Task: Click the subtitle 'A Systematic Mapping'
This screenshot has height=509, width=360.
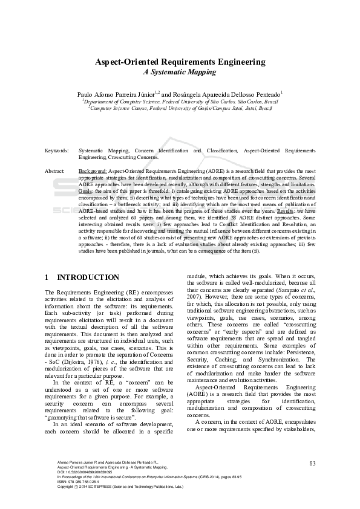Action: pos(179,72)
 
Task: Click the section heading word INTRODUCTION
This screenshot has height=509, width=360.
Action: pos(88,277)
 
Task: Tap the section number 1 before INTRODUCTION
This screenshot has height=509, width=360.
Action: pos(47,277)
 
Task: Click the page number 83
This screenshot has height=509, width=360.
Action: pos(312,464)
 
